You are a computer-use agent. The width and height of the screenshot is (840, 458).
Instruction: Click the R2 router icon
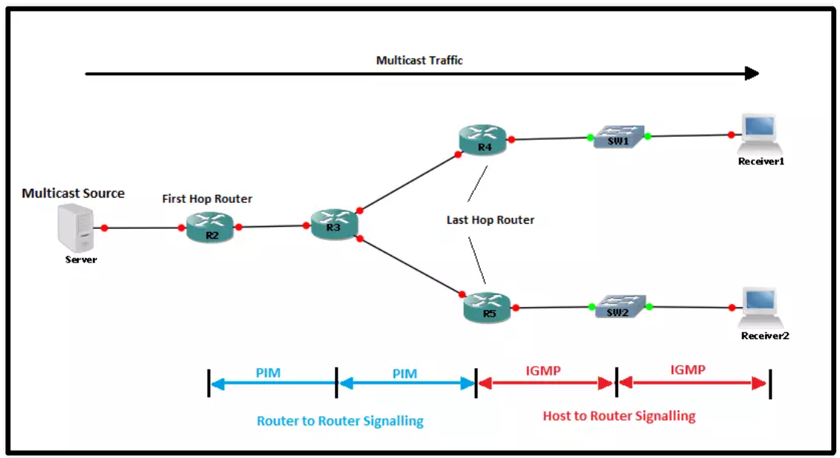(x=211, y=228)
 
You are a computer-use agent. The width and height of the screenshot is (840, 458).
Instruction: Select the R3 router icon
(x=333, y=224)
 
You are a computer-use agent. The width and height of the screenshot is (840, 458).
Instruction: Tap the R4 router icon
(x=484, y=140)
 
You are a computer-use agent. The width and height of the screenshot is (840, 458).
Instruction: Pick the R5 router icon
(x=487, y=307)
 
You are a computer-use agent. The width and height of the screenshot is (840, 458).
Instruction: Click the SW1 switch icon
(x=618, y=137)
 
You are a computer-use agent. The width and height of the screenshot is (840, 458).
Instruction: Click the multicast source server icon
(x=76, y=229)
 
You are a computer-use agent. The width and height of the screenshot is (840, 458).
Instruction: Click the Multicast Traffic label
(x=419, y=60)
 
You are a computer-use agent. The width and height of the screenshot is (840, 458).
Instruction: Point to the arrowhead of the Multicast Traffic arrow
(x=751, y=74)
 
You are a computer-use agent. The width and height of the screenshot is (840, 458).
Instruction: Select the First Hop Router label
(x=207, y=199)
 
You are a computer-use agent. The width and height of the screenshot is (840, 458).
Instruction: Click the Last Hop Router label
(x=490, y=220)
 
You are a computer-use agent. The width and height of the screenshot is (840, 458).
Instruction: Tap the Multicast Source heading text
(x=73, y=193)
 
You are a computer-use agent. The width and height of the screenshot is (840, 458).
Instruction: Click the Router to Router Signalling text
(x=340, y=421)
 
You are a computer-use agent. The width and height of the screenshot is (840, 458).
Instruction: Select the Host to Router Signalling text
(x=619, y=416)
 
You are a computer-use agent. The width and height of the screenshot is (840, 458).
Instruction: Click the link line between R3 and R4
(x=408, y=183)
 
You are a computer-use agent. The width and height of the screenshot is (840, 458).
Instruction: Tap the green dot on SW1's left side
(x=590, y=137)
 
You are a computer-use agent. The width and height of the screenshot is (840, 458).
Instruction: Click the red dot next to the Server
(x=104, y=228)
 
